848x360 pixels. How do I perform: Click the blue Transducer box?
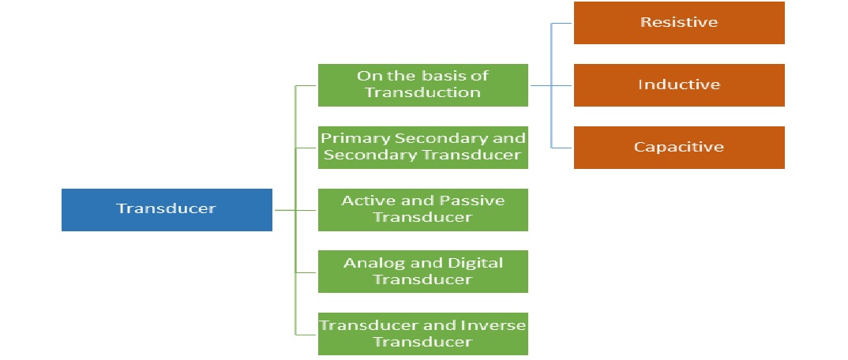coord(167,209)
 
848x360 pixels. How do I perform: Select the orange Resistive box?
coord(679,23)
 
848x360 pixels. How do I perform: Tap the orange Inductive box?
coord(679,84)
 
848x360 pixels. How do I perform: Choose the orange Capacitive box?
coord(679,147)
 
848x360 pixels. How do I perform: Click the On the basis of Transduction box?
coord(422,84)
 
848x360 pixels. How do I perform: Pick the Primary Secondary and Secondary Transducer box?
coord(422,147)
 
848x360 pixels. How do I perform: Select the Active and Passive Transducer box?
coord(422,209)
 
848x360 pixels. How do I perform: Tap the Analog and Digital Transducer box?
coord(422,271)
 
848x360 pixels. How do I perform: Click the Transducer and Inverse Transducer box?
coord(422,333)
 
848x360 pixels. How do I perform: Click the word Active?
coord(365,201)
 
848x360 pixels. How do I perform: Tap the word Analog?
coord(368,263)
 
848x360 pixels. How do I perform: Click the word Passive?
coord(477,201)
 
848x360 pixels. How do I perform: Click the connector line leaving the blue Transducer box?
coord(283,210)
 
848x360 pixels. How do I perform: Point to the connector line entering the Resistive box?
coord(562,23)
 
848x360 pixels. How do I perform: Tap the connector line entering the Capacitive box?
coord(562,147)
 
